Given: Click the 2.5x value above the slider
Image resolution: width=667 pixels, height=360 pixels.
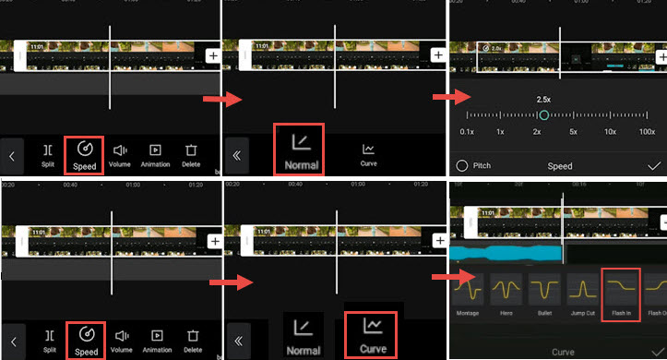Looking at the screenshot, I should point(543,99).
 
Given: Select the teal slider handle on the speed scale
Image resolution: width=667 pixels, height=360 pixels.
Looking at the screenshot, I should point(543,114).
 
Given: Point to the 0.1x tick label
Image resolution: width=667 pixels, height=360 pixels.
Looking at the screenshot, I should point(467,133).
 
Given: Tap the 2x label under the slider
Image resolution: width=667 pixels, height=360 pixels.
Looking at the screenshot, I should point(536,133).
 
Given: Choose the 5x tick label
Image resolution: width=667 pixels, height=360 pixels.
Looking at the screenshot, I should point(574,133).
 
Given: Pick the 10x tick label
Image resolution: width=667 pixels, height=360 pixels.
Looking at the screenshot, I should point(610,133).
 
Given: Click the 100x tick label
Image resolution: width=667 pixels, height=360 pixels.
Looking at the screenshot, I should point(648,133).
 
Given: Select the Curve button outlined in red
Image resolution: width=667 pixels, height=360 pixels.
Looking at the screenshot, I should point(371,335).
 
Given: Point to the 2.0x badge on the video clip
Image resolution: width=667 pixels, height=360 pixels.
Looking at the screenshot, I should point(492,48).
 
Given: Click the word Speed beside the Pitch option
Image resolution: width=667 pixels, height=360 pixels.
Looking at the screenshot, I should point(560,166).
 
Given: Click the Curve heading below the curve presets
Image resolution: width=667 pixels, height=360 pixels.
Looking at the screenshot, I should point(563,352).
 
